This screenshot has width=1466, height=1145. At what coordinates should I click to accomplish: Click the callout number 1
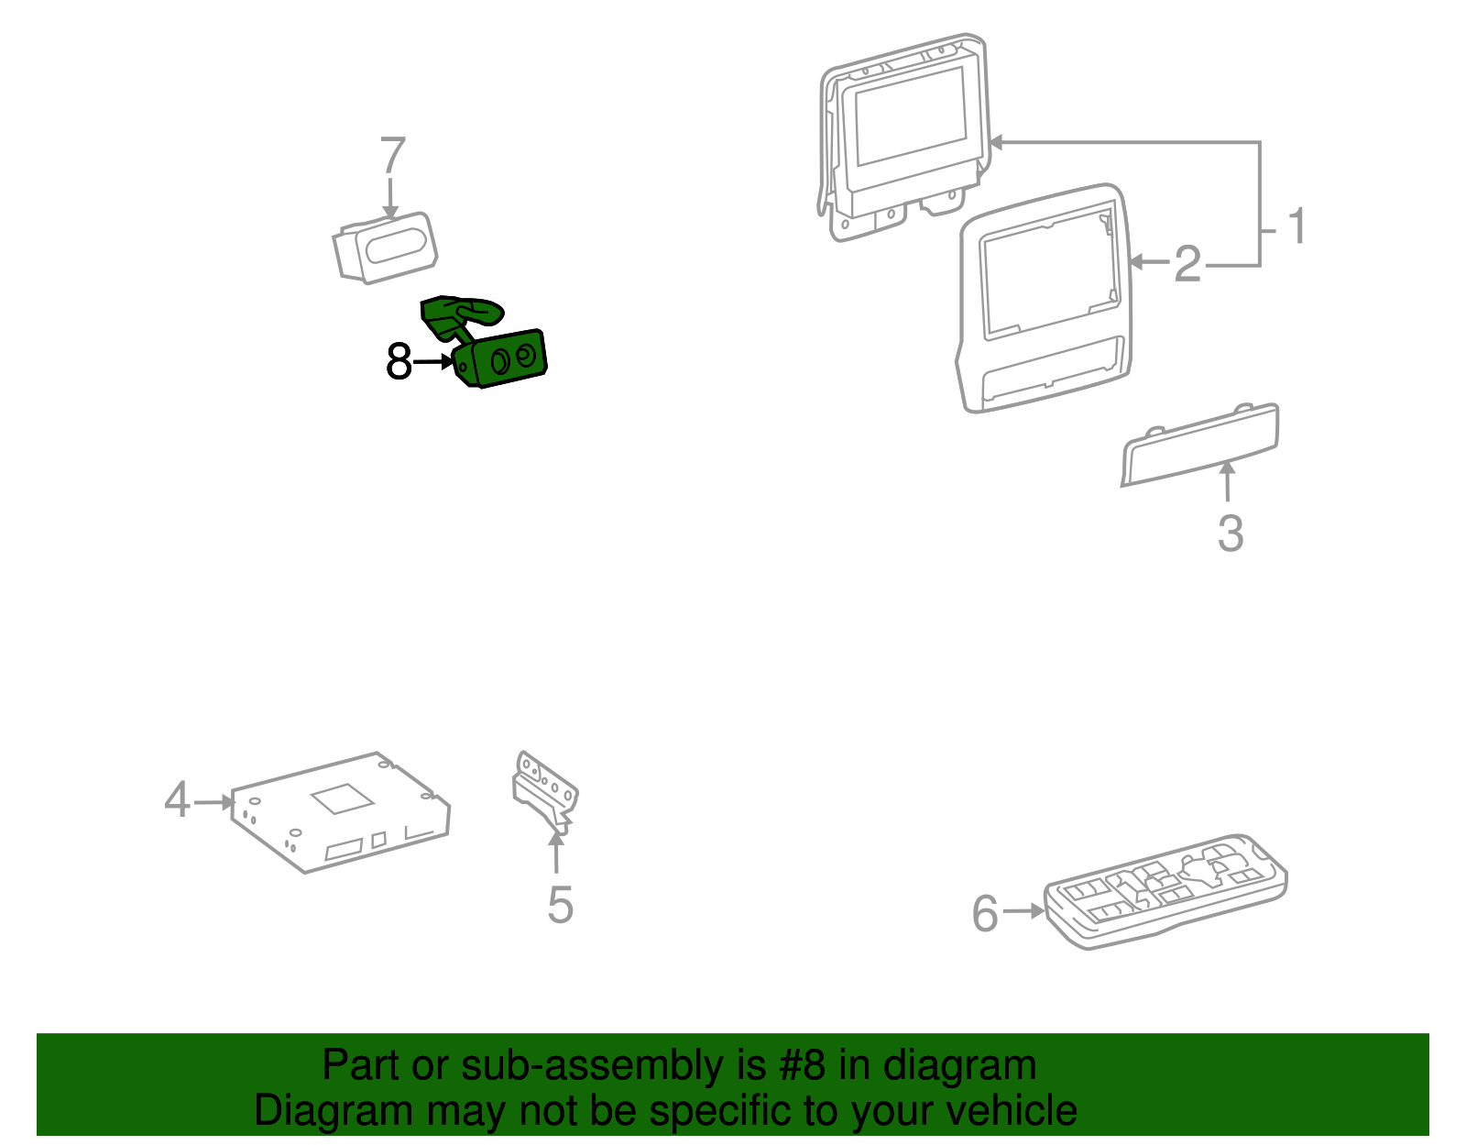pos(1296,226)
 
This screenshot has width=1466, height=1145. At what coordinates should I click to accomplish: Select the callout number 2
pos(1188,264)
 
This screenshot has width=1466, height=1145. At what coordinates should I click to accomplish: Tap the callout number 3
pos(1230,533)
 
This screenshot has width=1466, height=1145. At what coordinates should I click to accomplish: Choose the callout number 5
pos(560,904)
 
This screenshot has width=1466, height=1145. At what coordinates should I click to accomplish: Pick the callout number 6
pos(984,913)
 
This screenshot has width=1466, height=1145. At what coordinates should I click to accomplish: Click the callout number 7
pos(393,155)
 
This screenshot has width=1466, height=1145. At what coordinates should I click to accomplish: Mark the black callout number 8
pos(398,361)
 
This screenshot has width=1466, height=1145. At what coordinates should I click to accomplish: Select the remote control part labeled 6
pos(1165,891)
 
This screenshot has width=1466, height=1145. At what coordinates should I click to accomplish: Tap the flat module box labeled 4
pos(341,812)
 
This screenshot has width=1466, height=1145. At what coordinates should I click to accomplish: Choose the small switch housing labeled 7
pos(385,248)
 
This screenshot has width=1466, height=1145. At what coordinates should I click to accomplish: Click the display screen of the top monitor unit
pos(911,116)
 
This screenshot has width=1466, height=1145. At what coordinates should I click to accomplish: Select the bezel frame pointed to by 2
pos(1044,298)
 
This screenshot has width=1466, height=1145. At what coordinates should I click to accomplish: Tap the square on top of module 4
pos(342,798)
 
